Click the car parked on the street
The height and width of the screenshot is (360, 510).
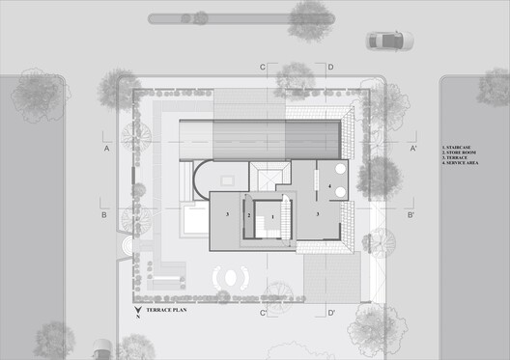[389, 41]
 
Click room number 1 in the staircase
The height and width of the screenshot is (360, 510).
[272, 218]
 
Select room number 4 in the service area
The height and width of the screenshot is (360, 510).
[329, 184]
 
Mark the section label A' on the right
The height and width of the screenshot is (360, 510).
[412, 150]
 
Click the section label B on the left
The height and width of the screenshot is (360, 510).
[103, 215]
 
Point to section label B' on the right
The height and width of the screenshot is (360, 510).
[411, 215]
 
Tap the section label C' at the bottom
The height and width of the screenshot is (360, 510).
[263, 313]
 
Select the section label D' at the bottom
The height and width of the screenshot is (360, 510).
[330, 313]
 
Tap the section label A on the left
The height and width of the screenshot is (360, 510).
[107, 150]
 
